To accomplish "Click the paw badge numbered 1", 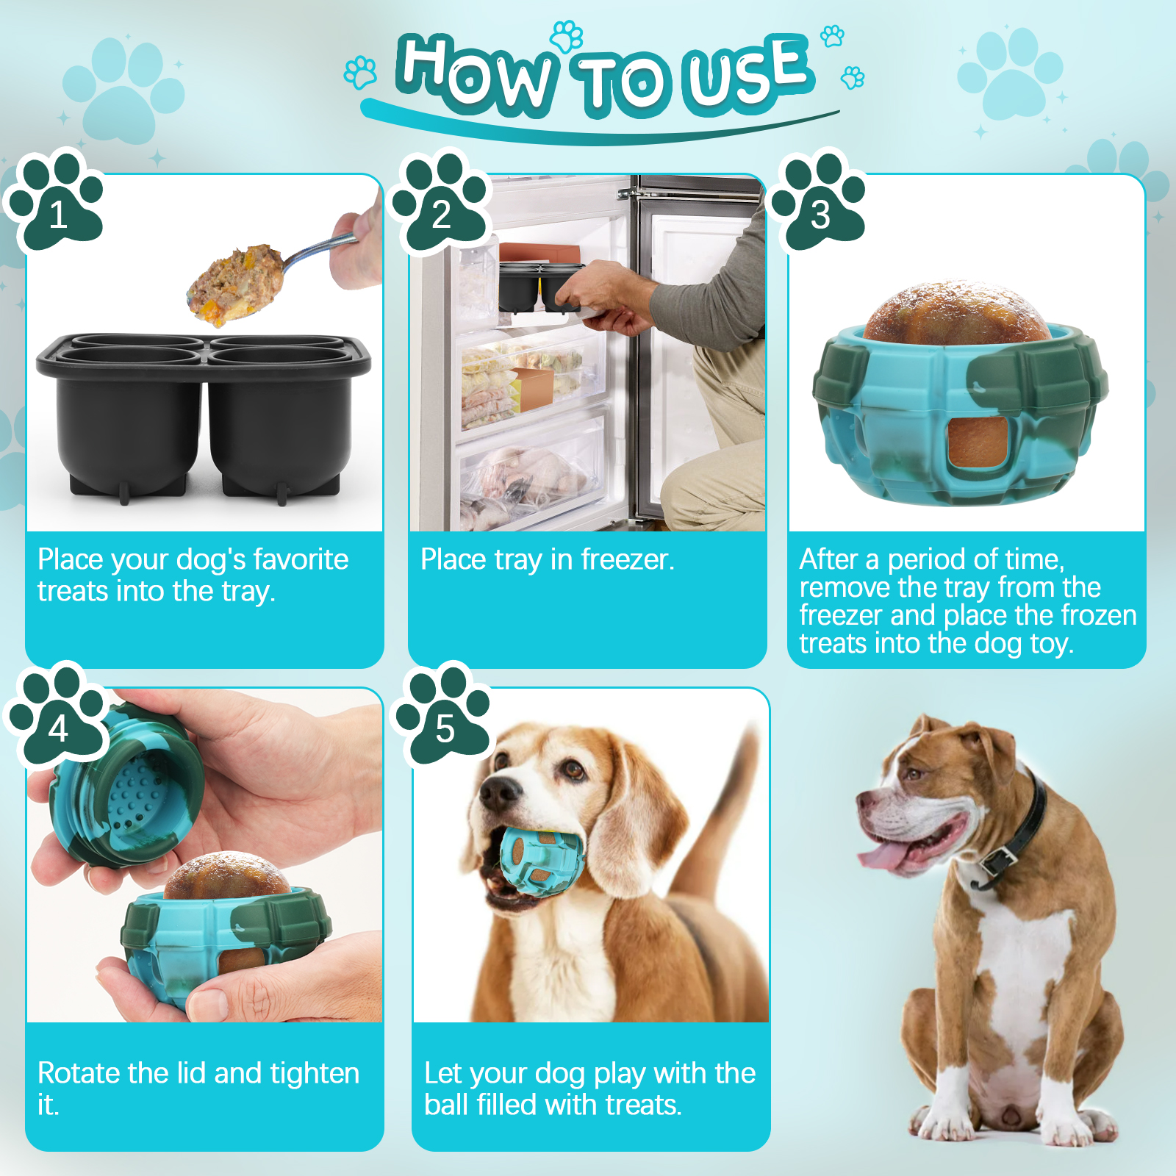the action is coord(57,202).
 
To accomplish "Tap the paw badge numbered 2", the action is coord(441,202).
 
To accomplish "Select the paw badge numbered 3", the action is coord(820,202).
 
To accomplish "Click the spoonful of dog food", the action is coord(235,284).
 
